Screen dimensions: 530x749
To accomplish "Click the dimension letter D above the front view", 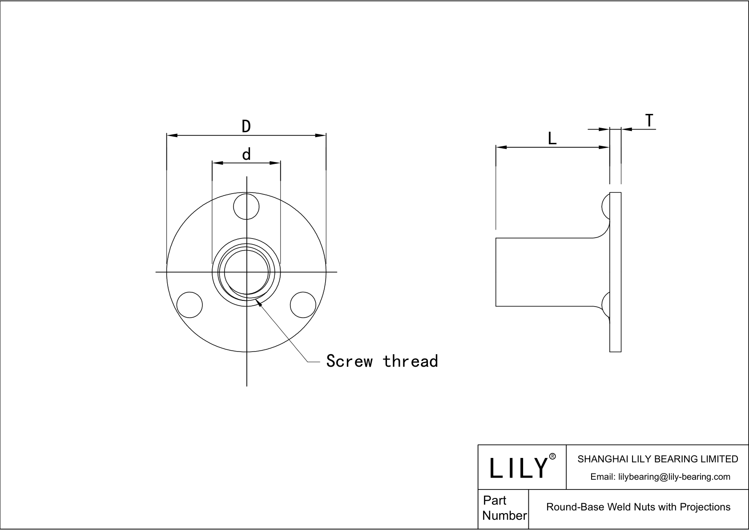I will point(246,126).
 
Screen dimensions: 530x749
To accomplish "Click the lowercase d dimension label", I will point(246,154).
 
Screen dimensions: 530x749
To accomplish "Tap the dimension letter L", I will point(552,138).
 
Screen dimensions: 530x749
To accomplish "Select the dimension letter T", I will point(649,121).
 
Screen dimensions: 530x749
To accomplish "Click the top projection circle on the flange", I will point(246,206).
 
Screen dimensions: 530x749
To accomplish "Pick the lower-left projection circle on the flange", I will point(189,305).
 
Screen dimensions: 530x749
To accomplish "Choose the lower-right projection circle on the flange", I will point(303,305).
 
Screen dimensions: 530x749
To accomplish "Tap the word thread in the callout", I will point(410,361).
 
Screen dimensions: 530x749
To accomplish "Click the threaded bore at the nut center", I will point(246,272).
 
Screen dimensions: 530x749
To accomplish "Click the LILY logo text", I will point(519,468).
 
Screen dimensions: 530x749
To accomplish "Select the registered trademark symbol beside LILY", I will point(552,457).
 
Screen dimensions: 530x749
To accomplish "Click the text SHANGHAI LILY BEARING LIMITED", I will point(657,459).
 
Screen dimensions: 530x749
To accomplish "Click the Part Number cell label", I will point(504,508).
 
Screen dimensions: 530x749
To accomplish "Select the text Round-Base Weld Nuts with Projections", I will point(638,507).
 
